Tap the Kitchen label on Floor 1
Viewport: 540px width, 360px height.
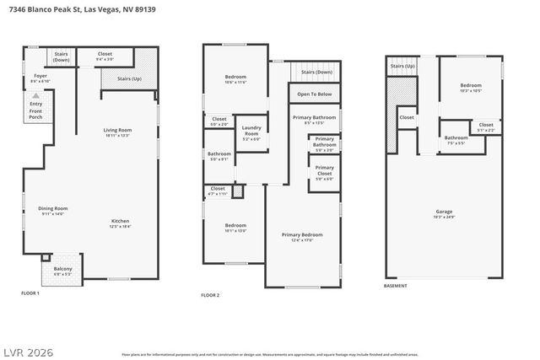tap(120, 222)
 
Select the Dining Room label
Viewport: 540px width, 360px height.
tap(53, 208)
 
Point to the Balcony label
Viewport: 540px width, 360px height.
tap(62, 270)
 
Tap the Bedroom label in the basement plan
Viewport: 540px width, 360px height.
tap(470, 86)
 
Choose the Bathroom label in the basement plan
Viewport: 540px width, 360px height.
tap(456, 138)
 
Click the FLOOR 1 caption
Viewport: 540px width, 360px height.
tap(30, 293)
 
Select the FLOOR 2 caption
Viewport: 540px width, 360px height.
tap(210, 295)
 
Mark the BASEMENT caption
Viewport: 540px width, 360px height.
tap(395, 286)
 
